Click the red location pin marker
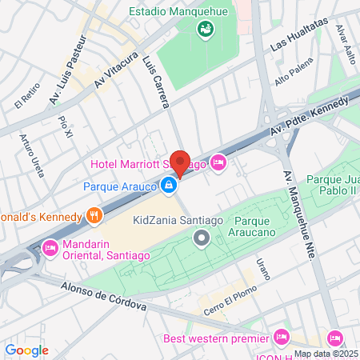tap(181, 162)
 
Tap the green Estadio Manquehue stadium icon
tap(205, 29)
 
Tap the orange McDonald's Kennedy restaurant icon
tap(94, 216)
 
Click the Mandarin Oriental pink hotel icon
tap(49, 247)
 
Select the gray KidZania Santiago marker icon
tap(202, 238)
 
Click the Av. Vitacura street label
tap(111, 70)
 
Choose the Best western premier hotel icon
tap(280, 336)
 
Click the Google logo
tap(26, 350)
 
